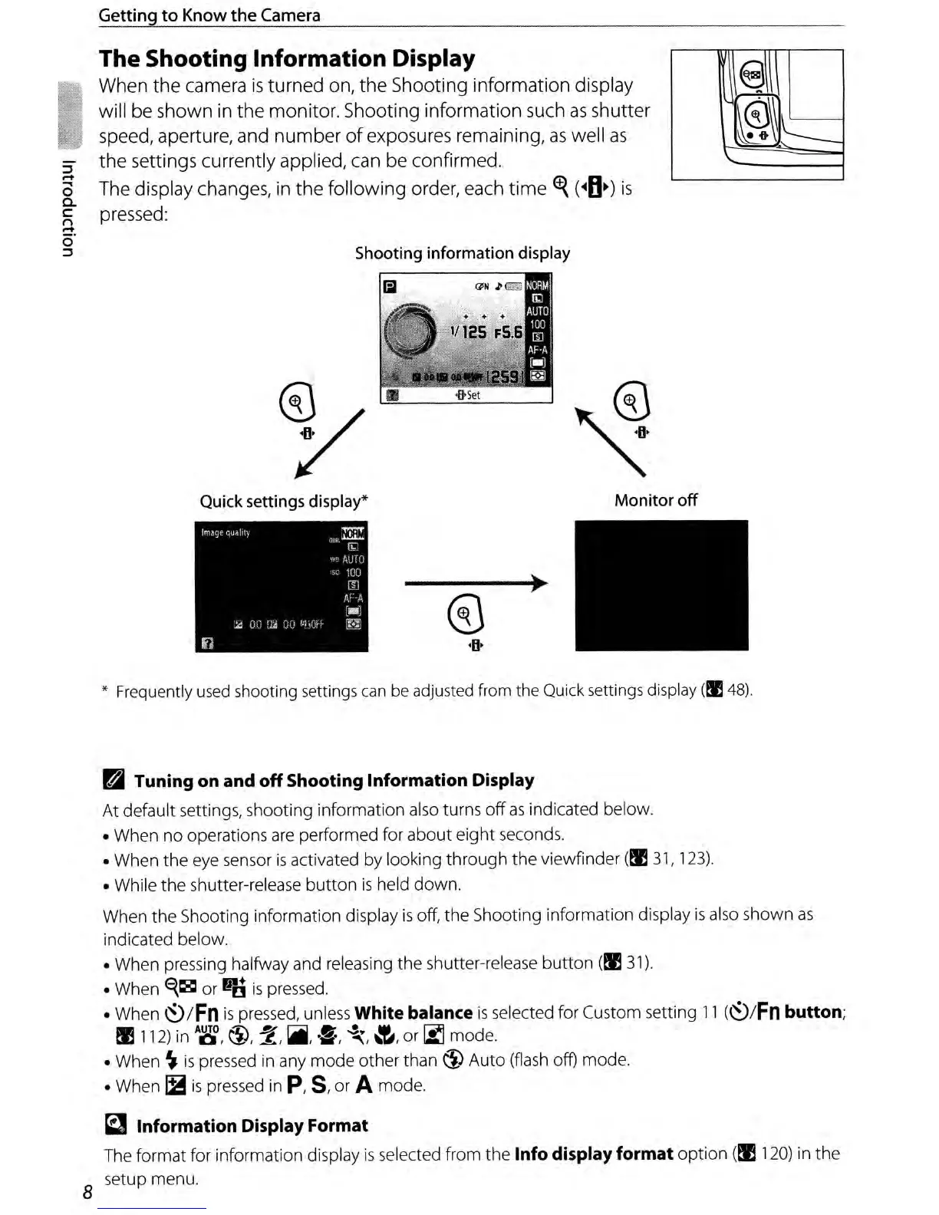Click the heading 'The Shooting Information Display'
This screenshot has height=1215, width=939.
coord(287,59)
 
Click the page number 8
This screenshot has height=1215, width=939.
coord(87,1192)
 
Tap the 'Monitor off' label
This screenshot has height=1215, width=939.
coord(655,500)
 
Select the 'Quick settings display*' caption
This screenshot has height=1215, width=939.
coord(284,502)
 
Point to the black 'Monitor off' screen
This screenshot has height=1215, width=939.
coord(661,585)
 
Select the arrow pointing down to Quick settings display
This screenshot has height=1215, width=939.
coord(328,445)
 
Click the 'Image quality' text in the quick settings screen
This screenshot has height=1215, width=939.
coord(226,532)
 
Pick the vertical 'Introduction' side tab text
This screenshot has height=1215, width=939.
coord(68,207)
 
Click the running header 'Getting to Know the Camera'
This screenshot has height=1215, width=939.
coord(209,15)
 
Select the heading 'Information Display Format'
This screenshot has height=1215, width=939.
coord(252,1125)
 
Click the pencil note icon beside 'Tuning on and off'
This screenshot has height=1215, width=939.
coord(113,781)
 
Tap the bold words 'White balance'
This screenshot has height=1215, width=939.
coord(413,1012)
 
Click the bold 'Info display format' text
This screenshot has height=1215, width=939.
coord(594,1154)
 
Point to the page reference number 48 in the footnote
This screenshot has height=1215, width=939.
coord(737,690)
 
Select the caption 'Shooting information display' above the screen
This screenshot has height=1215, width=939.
coord(462,253)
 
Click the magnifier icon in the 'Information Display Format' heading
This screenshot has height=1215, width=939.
coord(114,1125)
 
